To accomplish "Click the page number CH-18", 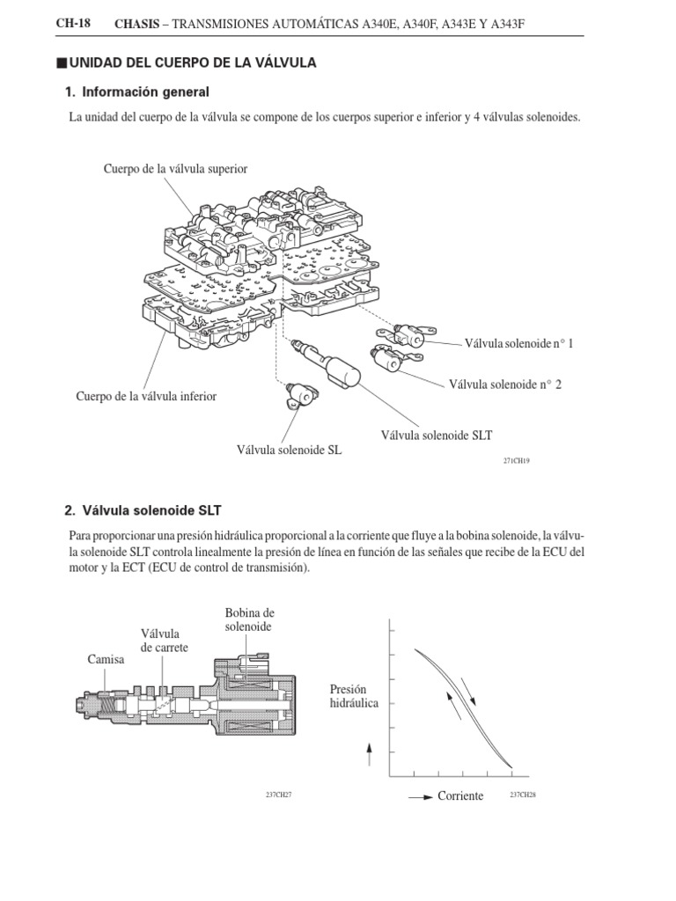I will point(73,24).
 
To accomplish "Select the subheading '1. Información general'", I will point(137,92).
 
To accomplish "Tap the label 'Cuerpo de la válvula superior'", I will point(175,168).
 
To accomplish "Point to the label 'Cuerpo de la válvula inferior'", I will point(146,396).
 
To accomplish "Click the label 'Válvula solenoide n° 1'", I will point(518,344).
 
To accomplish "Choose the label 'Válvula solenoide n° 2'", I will point(504,384).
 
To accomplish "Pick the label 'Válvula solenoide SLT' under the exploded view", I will point(436,434).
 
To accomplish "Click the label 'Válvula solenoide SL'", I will point(289,450).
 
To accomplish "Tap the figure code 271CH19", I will point(517,460).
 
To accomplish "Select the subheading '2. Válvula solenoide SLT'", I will point(143,509).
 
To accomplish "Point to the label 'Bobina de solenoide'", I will point(249,619).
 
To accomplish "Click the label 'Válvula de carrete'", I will point(165,641).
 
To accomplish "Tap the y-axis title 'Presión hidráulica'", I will point(354,696).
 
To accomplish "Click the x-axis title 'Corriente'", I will point(460,795).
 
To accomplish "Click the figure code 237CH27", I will point(278,795).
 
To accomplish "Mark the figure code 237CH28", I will point(523,795).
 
